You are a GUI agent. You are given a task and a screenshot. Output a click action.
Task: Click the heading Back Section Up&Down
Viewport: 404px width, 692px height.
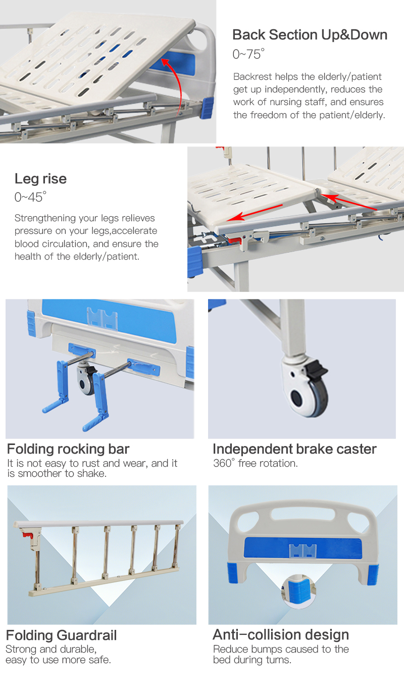click(310, 35)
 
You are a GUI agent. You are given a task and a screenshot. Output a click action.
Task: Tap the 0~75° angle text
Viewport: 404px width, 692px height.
click(248, 54)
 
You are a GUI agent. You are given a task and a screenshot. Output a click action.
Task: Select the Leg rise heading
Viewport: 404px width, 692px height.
click(40, 179)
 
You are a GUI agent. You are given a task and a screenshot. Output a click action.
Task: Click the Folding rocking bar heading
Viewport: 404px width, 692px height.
click(68, 449)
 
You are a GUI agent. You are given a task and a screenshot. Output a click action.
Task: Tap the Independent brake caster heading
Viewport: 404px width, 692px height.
click(294, 449)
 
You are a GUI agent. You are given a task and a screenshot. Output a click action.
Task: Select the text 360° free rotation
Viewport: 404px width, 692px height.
click(255, 463)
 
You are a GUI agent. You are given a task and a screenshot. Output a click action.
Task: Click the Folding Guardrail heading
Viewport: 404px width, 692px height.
click(61, 635)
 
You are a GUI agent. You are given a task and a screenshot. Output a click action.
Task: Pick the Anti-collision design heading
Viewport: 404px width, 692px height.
click(281, 635)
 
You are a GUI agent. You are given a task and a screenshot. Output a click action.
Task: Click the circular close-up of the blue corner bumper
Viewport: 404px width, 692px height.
click(297, 591)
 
